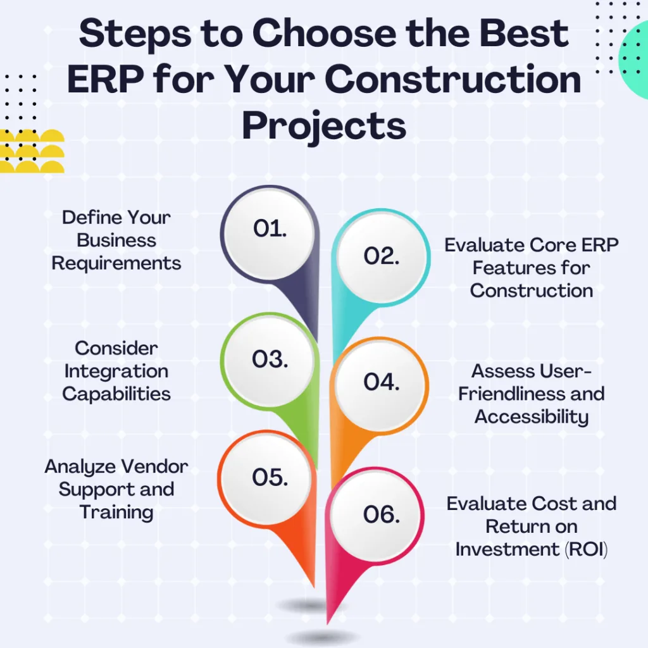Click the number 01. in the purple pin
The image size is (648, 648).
click(x=270, y=228)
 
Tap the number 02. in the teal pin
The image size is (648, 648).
click(x=382, y=256)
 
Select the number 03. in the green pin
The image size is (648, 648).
click(x=270, y=359)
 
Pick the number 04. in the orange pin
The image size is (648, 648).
click(x=382, y=382)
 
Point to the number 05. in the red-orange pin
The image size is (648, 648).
click(x=270, y=477)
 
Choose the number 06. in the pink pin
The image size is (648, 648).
click(x=382, y=515)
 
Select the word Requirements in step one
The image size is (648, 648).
click(x=116, y=264)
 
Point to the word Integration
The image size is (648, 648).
click(x=116, y=371)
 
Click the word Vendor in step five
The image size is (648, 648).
click(x=155, y=466)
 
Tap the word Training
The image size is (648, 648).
click(x=116, y=513)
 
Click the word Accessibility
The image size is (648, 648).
click(x=531, y=416)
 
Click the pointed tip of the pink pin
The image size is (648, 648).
click(x=327, y=623)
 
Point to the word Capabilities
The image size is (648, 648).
click(x=116, y=394)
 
